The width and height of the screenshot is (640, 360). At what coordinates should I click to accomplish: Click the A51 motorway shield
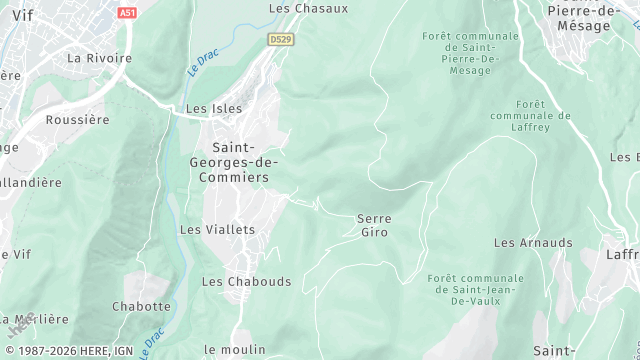coord(126,13)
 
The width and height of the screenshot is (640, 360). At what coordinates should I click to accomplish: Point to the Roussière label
coord(77,119)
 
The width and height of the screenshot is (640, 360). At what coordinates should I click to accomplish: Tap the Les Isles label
coord(215,109)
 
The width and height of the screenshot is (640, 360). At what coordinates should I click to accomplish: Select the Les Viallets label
coord(217,230)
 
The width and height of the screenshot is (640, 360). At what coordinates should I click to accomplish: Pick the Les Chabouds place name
coord(246,282)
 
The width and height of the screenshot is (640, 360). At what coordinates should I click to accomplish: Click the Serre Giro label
coord(374,225)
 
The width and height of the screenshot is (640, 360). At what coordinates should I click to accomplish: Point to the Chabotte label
coord(142,307)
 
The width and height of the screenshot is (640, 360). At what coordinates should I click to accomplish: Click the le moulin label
coord(235,349)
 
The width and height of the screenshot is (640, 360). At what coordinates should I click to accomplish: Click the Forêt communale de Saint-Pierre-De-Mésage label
coord(470,53)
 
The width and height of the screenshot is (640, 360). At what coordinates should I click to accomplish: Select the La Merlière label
coord(37,320)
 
